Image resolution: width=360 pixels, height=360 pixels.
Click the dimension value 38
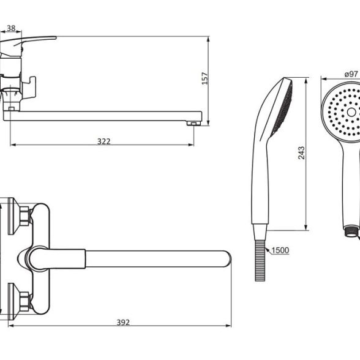[11, 28]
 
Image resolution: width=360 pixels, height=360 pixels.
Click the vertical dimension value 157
[204, 78]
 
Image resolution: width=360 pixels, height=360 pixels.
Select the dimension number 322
[104, 141]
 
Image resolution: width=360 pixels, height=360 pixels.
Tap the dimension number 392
[123, 322]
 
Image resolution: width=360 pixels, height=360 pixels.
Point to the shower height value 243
[301, 153]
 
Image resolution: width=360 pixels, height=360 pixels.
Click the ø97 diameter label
[351, 74]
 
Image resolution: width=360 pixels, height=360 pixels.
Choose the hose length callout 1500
[280, 250]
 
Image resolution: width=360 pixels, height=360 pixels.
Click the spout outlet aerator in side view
[193, 124]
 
